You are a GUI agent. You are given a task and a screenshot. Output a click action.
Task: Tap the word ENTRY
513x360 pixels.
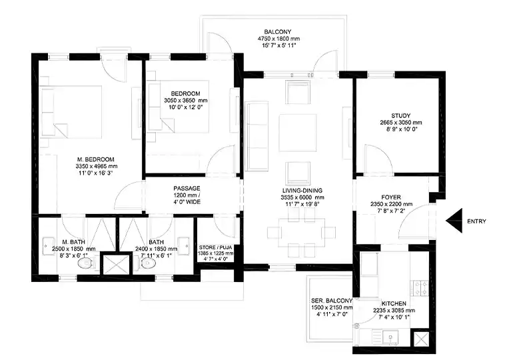pyautogui.click(x=477, y=221)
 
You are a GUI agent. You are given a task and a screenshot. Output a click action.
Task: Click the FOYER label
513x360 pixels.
pyautogui.click(x=391, y=197)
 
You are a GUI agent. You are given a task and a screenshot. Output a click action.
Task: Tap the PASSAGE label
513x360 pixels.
pyautogui.click(x=187, y=189)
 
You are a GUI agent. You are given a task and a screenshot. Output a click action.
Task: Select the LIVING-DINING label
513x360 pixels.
pyautogui.click(x=302, y=190)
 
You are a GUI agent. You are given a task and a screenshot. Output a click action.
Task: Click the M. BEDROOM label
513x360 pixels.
pyautogui.click(x=96, y=159)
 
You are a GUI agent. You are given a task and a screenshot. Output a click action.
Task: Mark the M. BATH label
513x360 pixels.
pyautogui.click(x=74, y=241)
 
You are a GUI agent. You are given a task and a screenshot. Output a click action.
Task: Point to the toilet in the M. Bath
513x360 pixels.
pyautogui.click(x=84, y=264)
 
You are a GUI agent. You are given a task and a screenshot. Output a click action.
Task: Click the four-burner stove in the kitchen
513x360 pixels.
pyautogui.click(x=421, y=289)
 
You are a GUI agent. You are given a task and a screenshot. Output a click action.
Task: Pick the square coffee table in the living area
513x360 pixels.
pyautogui.click(x=297, y=128)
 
